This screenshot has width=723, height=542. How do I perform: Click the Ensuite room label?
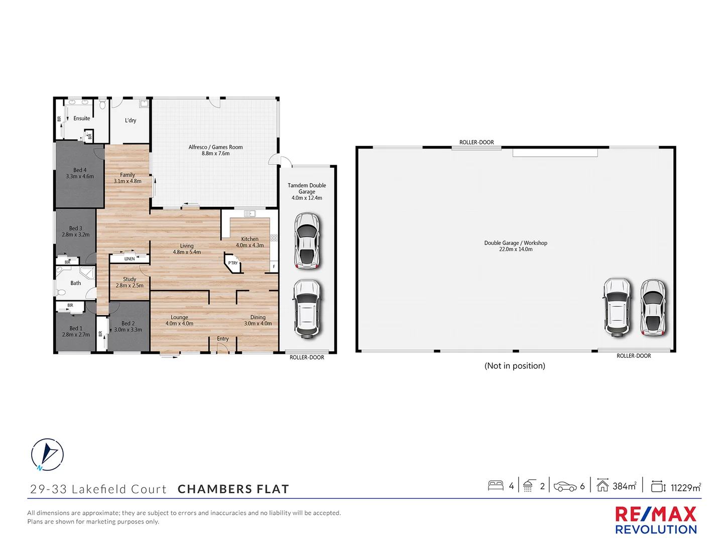click(82, 118)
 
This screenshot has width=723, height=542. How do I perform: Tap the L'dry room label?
click(131, 120)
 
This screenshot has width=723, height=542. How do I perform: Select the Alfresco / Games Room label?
click(215, 147)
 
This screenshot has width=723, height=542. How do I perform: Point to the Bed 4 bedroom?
click(80, 174)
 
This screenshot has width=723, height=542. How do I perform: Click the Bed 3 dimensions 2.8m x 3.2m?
click(76, 234)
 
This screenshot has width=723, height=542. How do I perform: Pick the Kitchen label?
click(250, 239)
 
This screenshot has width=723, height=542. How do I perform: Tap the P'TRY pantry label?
click(233, 263)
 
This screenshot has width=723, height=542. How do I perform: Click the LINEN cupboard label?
click(130, 259)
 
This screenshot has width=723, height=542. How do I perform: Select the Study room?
click(130, 282)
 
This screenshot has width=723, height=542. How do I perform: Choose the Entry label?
click(223, 339)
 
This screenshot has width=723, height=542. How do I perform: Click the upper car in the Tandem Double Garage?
click(307, 240)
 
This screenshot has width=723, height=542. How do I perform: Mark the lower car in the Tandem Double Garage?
click(306, 308)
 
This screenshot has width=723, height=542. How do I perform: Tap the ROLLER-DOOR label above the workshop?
click(476, 143)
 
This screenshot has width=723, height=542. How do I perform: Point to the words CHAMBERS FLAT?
click(233, 489)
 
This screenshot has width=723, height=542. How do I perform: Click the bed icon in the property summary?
click(496, 486)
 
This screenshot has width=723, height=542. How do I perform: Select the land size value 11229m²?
click(685, 487)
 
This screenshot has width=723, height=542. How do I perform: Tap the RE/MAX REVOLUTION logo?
click(656, 520)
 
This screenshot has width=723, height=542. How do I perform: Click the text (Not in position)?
click(515, 366)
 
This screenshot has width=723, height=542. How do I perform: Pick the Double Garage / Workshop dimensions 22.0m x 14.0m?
click(516, 249)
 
